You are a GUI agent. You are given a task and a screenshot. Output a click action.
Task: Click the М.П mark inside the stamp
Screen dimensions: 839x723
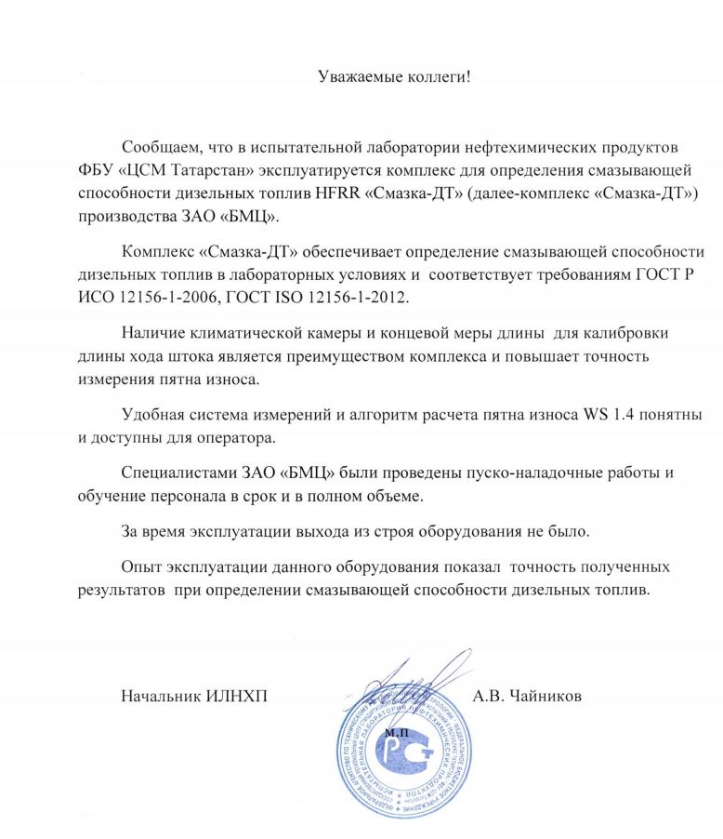click(x=393, y=733)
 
